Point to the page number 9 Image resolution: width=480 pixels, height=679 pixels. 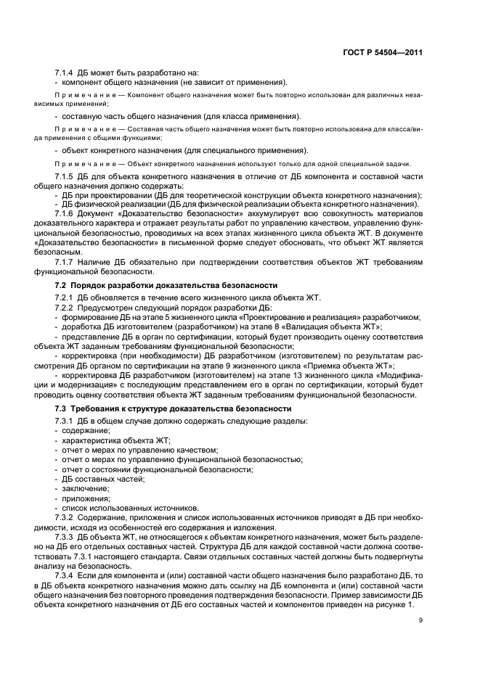pos(420,620)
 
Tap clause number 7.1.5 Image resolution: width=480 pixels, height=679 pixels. pos(66,177)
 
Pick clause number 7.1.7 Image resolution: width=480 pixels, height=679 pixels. pos(66,260)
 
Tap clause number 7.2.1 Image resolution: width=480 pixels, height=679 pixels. pos(66,298)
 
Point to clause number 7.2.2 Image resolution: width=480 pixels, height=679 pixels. pos(66,308)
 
